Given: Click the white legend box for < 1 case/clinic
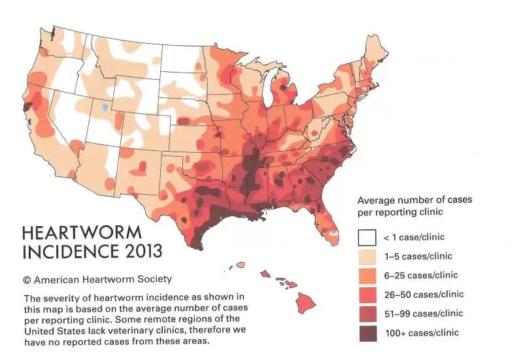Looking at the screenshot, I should point(365,237).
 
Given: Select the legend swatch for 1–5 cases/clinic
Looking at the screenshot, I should point(365,256).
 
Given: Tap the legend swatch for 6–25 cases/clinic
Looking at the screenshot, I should point(365,275).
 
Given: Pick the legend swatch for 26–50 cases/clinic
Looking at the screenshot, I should point(365,294).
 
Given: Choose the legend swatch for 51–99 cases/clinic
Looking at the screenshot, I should point(365,314).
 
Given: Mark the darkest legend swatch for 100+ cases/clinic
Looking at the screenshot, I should point(365,333).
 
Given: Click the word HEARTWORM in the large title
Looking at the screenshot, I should point(81,234).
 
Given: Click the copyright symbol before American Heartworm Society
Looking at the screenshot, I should point(27,280).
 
